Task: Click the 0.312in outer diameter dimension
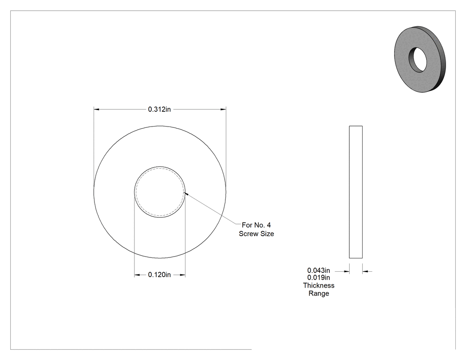tap(159, 109)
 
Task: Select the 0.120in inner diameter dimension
tap(159, 275)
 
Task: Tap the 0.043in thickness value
tap(319, 270)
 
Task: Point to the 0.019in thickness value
tap(319, 277)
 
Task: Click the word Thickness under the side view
tap(319, 285)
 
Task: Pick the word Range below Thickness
tap(319, 293)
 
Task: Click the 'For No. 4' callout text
tap(256, 225)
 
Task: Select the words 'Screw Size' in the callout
tap(256, 233)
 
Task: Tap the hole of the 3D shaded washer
tap(418, 60)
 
